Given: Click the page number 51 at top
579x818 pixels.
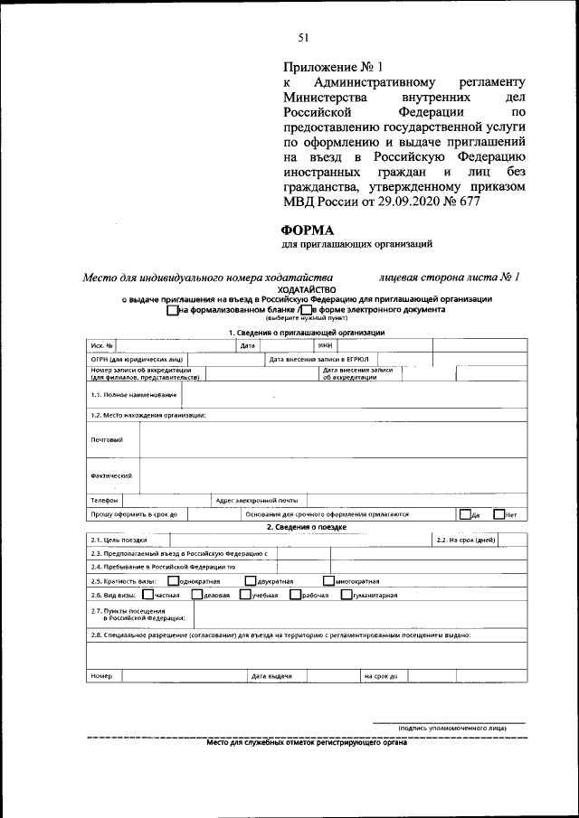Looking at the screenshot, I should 304,37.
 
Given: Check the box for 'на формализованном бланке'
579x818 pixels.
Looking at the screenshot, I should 172,309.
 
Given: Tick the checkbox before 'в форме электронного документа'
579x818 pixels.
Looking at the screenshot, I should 306,309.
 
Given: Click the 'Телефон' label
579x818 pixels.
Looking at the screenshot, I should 104,500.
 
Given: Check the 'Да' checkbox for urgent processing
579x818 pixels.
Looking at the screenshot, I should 464,514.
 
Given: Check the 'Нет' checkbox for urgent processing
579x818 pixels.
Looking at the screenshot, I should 498,514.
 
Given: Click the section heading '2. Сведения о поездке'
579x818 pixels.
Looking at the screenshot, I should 306,527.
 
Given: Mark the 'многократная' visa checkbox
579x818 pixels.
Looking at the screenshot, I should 327,580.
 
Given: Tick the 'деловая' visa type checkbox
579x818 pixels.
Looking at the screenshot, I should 197,595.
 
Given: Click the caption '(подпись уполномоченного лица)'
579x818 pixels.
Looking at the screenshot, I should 451,728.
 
